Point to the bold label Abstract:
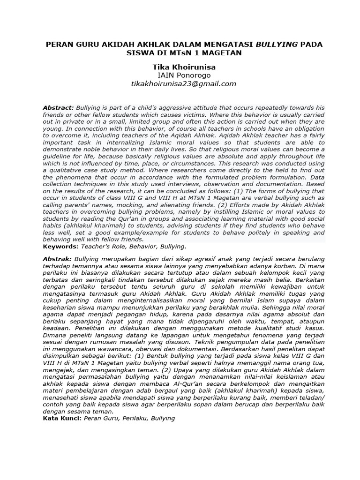(58, 108)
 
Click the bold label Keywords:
(60, 246)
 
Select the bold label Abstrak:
(57, 259)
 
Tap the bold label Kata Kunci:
(62, 418)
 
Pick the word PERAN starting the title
(58, 45)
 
